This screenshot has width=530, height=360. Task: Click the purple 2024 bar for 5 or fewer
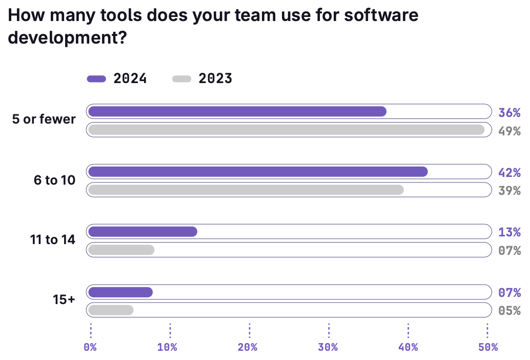(237, 111)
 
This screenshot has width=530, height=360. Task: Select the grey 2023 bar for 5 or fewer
(286, 130)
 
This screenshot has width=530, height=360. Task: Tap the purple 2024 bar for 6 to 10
(258, 172)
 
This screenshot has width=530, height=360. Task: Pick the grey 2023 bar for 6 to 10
(246, 190)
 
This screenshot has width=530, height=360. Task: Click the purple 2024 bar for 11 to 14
(142, 232)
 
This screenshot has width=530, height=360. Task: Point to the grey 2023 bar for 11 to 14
(121, 250)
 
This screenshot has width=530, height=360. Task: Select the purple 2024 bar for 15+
(120, 292)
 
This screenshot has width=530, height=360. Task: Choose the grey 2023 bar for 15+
(111, 310)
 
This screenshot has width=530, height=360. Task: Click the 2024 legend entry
(117, 78)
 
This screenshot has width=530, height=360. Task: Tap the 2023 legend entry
(202, 78)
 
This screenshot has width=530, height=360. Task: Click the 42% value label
(509, 172)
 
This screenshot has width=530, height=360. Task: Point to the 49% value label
(509, 131)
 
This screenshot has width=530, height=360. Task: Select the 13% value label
(509, 232)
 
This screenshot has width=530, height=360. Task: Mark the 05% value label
(509, 311)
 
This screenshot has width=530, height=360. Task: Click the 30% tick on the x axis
(328, 347)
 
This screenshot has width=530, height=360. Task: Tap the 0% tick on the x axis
(90, 347)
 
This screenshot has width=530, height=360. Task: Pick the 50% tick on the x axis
(487, 347)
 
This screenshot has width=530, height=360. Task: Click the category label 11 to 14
(53, 239)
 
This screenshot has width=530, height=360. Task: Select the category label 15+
(64, 300)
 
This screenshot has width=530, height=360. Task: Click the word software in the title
(381, 15)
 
